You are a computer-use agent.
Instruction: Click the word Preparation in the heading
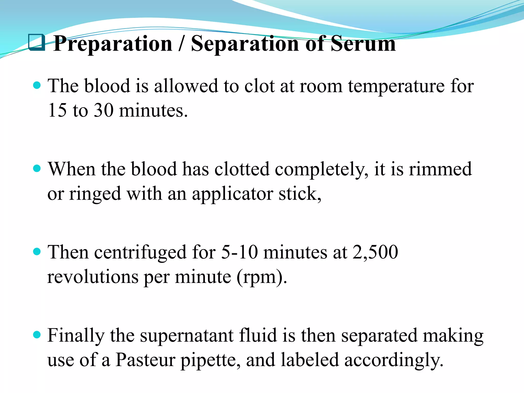click(113, 44)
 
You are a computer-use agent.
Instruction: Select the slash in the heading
click(181, 44)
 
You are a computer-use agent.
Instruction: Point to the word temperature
click(396, 86)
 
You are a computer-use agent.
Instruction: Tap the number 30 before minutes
click(104, 110)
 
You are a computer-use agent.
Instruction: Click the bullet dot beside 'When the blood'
click(37, 168)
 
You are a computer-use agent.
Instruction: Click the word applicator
click(232, 194)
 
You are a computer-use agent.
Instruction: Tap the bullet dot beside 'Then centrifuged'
click(37, 252)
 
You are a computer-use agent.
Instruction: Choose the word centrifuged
click(140, 253)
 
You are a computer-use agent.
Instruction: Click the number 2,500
click(375, 252)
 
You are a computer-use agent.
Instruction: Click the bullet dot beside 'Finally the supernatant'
click(37, 335)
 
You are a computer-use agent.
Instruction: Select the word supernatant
click(186, 336)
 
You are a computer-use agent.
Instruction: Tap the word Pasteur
click(145, 360)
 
